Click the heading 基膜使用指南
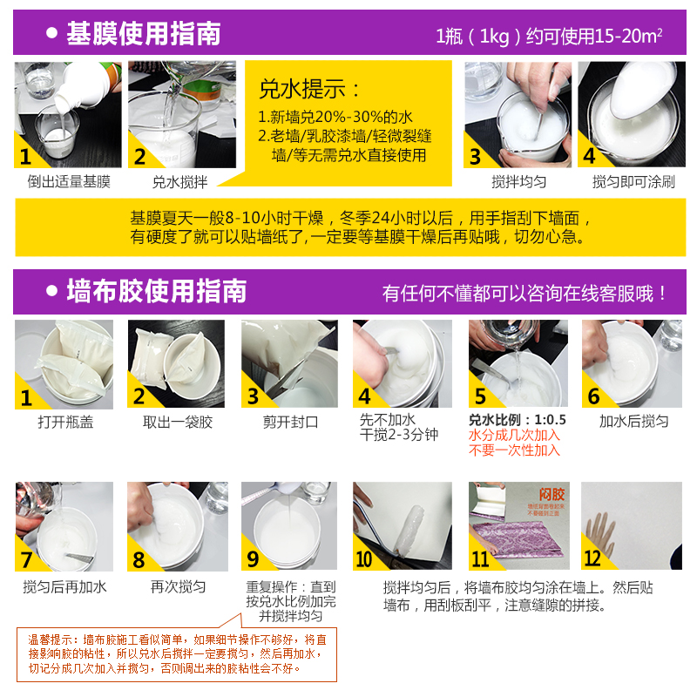click(x=144, y=34)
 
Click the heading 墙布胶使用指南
click(x=157, y=292)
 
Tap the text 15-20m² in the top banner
click(x=627, y=37)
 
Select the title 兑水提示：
click(x=310, y=89)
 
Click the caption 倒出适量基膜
click(x=69, y=182)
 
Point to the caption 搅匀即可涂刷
click(x=633, y=182)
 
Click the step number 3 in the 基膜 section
click(x=476, y=157)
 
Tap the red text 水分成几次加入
click(x=514, y=436)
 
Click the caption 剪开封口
click(x=291, y=422)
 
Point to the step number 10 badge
click(x=364, y=558)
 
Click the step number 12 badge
click(x=593, y=558)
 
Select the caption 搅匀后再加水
click(x=64, y=586)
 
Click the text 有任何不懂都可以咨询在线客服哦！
click(x=525, y=294)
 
